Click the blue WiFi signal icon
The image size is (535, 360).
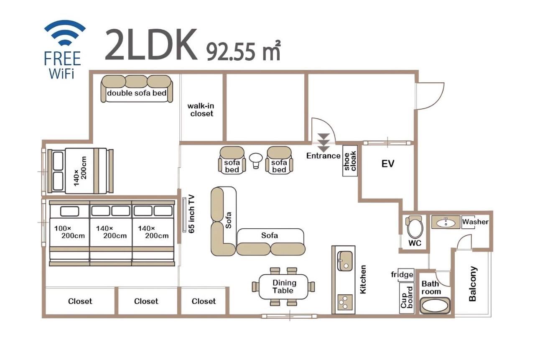65,33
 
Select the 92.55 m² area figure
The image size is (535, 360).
243,51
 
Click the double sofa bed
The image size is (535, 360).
137,89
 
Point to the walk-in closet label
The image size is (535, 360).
201,110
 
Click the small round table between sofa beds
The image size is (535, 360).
255,159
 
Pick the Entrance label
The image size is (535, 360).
324,156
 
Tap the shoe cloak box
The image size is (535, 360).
350,161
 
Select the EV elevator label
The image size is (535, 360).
388,163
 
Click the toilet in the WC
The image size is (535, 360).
415,228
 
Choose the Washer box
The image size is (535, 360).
475,222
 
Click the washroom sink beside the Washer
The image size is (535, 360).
446,222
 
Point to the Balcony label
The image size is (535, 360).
473,284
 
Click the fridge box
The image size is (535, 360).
403,275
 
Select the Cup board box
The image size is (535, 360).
407,298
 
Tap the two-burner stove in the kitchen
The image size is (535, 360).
345,301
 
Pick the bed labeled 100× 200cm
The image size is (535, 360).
69,234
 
